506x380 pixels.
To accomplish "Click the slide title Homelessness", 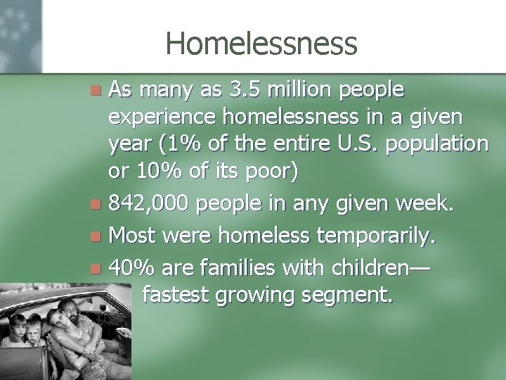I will coord(261,44).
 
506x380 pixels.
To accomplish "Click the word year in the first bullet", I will coord(126,145).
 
